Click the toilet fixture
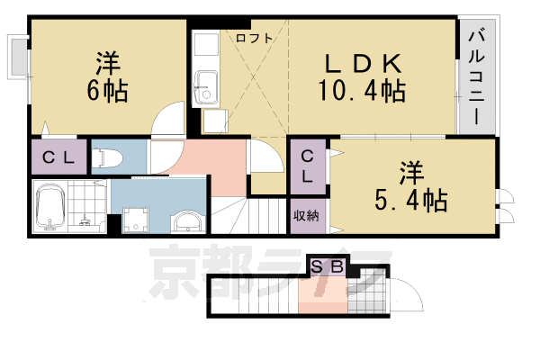[x=107, y=158]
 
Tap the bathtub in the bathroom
[x=50, y=206]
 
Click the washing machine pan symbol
[x=136, y=220]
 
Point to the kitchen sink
[x=206, y=88]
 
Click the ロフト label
[x=255, y=38]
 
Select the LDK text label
[x=364, y=64]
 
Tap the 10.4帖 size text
[x=362, y=90]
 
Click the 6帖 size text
[x=107, y=91]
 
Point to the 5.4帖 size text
[x=411, y=200]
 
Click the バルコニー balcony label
[x=476, y=78]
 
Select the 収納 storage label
[x=306, y=216]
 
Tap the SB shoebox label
[x=328, y=266]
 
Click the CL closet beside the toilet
[x=58, y=157]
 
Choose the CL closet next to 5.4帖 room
[x=308, y=166]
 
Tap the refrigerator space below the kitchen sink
[x=215, y=121]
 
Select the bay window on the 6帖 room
[x=18, y=57]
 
